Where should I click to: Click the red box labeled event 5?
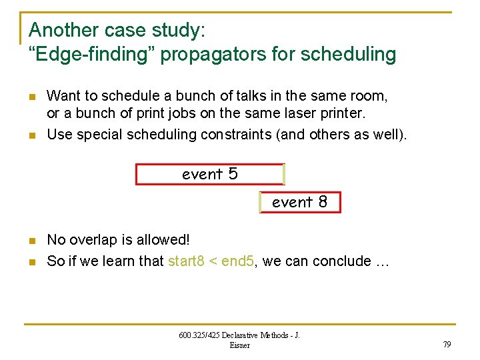(210, 174)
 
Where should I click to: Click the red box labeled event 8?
(300, 202)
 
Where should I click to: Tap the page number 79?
(446, 344)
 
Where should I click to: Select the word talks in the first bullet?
(209, 96)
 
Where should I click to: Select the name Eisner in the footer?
(239, 345)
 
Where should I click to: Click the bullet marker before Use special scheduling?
(31, 135)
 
